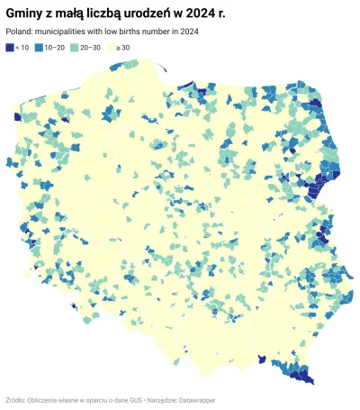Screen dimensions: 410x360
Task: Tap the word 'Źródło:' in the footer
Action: [x=15, y=399]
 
